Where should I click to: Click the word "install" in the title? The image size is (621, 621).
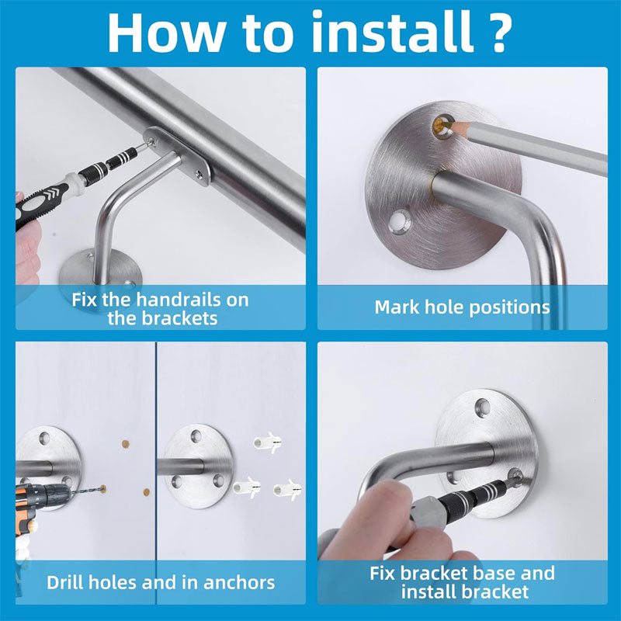point(393,33)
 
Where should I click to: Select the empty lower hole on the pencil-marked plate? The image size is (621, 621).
point(400,221)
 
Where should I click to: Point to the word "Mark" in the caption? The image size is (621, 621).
point(397,307)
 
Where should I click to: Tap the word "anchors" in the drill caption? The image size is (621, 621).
point(239,583)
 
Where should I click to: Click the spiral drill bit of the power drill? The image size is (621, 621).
point(86,491)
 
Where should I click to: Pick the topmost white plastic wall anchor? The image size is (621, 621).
point(267,442)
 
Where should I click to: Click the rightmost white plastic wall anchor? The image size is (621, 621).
point(287,490)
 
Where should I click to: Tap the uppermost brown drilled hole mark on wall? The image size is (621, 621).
point(126,444)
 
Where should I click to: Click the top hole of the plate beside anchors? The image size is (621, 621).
point(196,436)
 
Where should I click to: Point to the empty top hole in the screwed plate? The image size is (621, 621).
point(482,406)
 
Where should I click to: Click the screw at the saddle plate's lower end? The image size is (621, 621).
point(198,173)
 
